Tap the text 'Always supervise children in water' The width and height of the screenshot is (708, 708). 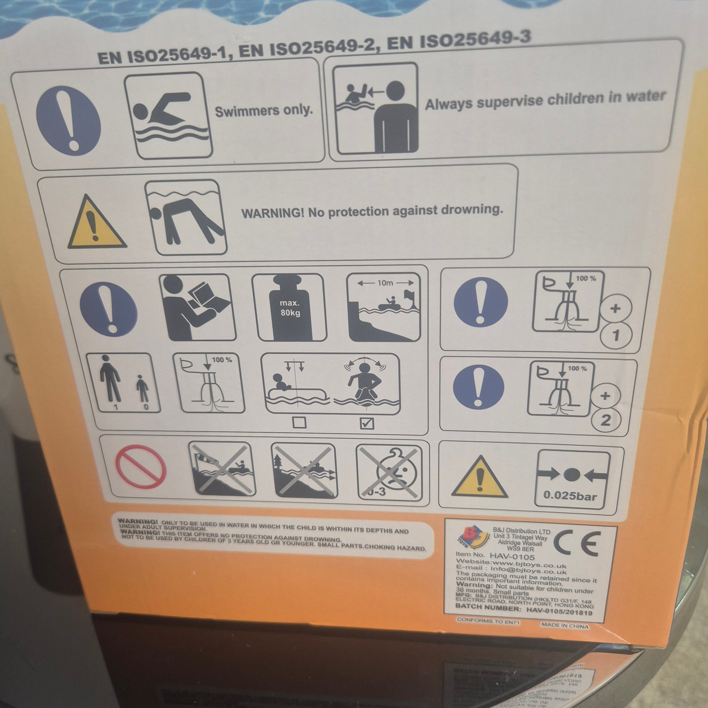545,99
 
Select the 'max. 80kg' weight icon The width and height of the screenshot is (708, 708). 289,307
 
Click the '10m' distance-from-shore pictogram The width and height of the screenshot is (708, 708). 384,307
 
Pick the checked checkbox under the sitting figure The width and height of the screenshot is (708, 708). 367,423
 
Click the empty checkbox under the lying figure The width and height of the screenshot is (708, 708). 299,423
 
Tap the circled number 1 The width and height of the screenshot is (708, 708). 616,335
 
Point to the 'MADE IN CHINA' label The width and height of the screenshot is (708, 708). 564,626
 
